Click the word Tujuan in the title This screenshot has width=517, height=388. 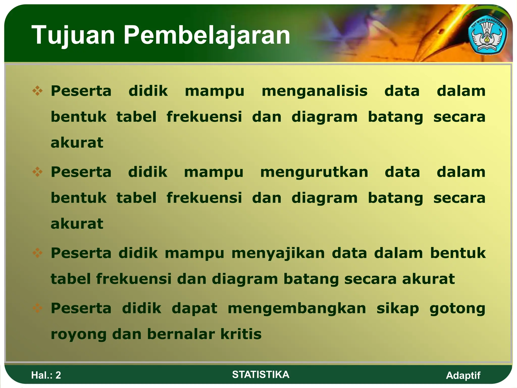(x=73, y=35)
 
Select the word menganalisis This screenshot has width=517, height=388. (x=314, y=91)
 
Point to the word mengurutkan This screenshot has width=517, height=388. (x=314, y=172)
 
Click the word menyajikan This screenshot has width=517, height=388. (x=278, y=253)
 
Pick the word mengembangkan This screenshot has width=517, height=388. (x=297, y=309)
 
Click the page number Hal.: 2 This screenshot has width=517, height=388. (x=46, y=375)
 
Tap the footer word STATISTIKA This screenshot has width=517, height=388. (x=261, y=375)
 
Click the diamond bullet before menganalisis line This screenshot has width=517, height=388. (x=37, y=91)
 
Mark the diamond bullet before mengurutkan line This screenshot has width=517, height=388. (x=37, y=172)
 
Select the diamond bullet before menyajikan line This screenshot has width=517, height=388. (x=37, y=253)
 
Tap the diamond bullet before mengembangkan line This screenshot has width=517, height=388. (x=37, y=308)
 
